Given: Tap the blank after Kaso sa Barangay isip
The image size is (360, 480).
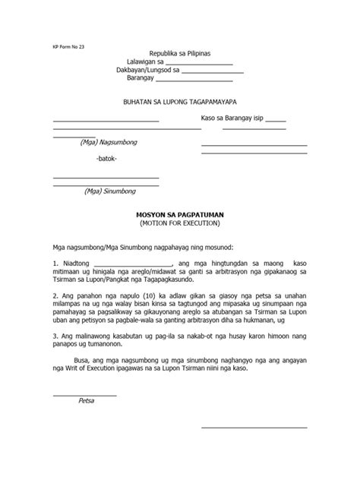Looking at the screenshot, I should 276,121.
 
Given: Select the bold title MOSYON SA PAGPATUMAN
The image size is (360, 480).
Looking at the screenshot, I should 179,216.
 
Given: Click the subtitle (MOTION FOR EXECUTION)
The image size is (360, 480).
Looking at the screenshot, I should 179,225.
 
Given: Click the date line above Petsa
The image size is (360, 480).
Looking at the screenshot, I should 84,394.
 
